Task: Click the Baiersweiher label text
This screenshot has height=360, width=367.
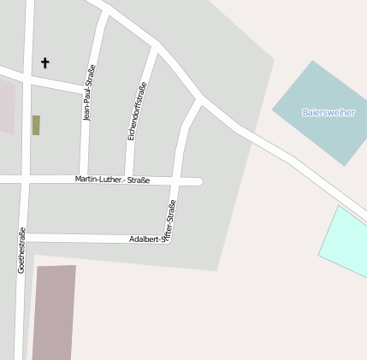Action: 328,112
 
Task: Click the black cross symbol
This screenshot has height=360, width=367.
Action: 45,62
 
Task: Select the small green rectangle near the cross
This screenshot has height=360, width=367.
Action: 36,125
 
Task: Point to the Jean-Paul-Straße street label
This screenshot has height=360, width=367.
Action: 89,92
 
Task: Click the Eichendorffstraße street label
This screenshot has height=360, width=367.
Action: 137,111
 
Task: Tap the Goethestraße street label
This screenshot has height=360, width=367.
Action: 21,250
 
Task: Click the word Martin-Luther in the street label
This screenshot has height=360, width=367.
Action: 99,180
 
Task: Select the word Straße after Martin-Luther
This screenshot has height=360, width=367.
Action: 139,180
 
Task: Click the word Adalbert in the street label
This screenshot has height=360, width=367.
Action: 144,239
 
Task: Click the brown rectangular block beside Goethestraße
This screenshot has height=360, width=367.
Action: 55,312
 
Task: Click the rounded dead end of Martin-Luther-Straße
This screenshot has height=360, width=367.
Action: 198,181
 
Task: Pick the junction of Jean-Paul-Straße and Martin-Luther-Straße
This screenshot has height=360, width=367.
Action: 84,180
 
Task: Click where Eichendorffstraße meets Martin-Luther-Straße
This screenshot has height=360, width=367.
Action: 129,180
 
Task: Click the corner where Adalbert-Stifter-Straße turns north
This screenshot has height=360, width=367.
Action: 172,239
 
